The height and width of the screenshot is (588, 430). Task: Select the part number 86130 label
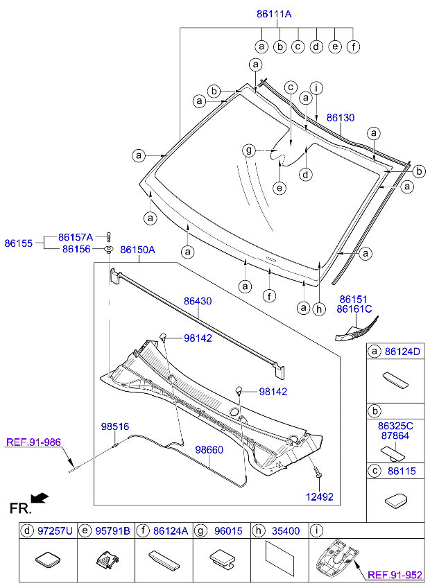(340, 118)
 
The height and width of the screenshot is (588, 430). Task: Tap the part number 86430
(198, 302)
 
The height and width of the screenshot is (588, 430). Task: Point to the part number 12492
(320, 496)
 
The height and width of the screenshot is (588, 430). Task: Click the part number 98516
(114, 426)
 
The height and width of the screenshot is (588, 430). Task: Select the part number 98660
(209, 450)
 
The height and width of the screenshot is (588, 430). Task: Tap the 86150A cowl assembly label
(137, 249)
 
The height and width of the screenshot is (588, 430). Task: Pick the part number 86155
(19, 243)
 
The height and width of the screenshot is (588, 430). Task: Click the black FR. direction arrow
(40, 497)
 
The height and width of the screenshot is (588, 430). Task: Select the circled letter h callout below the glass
(318, 309)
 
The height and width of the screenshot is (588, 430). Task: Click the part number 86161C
(355, 309)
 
